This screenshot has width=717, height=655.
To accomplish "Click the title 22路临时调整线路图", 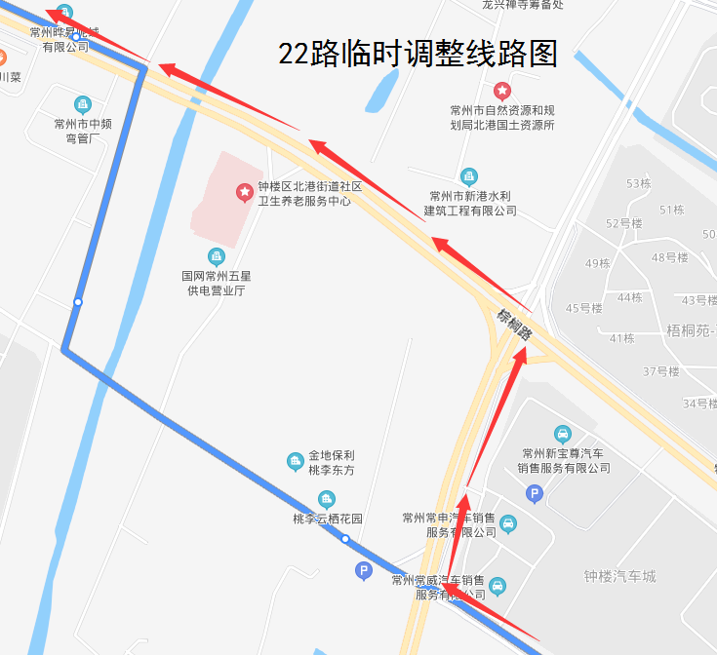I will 418,54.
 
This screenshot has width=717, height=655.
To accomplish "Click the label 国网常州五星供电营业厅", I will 217,284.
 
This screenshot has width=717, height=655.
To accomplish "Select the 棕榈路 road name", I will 514,323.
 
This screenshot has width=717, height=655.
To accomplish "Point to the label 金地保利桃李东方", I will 332,462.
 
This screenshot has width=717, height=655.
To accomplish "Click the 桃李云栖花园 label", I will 328,519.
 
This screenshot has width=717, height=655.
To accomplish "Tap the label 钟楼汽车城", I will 619,576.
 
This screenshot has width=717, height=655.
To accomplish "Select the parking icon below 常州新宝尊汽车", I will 535,494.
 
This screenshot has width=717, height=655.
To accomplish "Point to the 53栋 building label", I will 639,183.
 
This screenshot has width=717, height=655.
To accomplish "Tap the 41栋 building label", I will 621,338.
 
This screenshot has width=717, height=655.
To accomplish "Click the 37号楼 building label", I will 661,371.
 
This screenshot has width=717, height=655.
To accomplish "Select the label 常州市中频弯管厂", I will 83,131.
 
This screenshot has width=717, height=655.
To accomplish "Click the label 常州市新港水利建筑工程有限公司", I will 469,203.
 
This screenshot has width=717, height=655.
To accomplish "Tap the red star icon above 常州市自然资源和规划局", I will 502,91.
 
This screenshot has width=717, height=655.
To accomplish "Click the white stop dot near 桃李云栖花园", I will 345,539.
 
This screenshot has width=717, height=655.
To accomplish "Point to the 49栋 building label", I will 598,263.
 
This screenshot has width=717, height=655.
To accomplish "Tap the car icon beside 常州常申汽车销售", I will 507,525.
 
